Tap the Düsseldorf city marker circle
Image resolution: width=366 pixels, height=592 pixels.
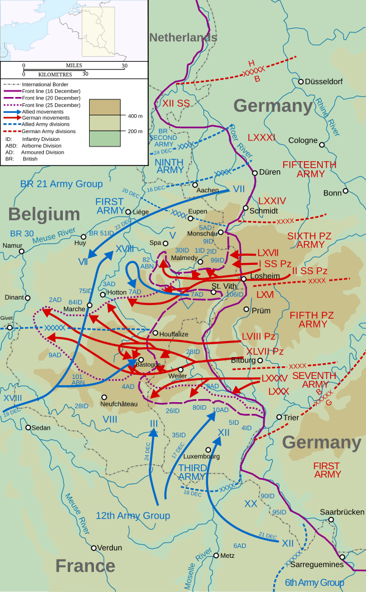pos(301,81)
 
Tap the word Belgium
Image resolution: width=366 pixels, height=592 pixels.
pos(44,214)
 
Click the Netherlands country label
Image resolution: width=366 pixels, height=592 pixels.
pos(183,37)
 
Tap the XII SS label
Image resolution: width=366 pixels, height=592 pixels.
pos(176,103)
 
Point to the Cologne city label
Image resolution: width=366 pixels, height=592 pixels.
pos(303,140)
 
